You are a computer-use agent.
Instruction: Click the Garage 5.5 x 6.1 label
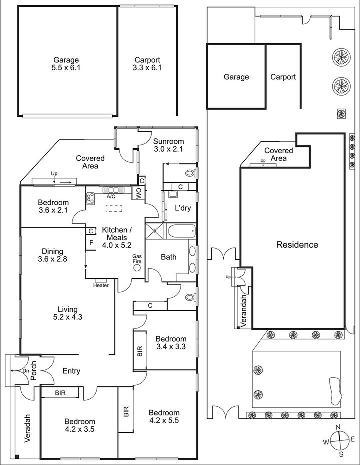click(66, 63)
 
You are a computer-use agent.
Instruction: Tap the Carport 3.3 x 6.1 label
click(147, 63)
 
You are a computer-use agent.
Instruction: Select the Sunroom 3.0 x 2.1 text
click(168, 145)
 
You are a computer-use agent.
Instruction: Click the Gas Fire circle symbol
click(137, 267)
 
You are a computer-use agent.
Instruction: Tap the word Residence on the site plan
click(297, 245)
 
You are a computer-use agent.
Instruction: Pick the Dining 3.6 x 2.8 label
click(52, 255)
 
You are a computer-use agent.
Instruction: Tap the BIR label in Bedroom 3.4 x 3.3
click(139, 351)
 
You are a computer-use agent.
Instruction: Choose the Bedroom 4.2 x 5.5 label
click(164, 416)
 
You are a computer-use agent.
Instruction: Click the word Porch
click(33, 370)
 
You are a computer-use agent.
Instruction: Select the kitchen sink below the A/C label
click(111, 190)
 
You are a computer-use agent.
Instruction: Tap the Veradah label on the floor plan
click(28, 428)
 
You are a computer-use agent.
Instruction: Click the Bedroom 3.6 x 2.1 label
click(53, 206)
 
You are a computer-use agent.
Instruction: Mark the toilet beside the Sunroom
click(189, 173)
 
